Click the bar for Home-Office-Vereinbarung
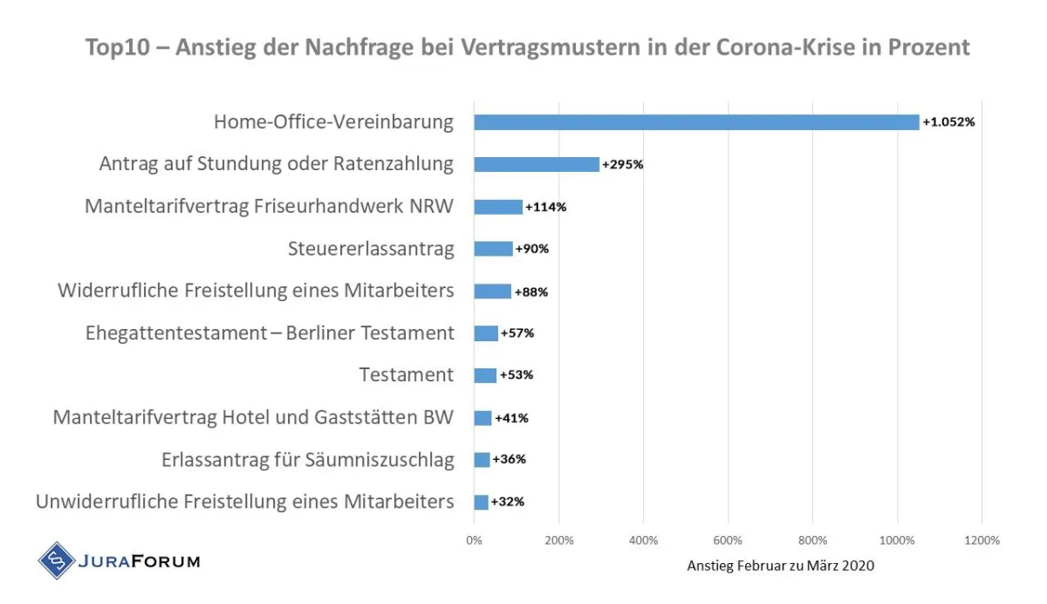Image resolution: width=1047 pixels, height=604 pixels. [x=696, y=122]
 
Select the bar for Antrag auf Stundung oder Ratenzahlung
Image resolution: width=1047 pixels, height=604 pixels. [x=537, y=164]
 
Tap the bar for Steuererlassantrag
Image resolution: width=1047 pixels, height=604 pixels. [x=493, y=249]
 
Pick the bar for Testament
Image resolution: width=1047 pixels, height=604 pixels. [x=485, y=375]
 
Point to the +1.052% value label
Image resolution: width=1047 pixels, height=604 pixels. [x=948, y=122]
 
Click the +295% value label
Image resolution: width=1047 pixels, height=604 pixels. [x=623, y=164]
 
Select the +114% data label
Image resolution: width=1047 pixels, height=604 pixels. [x=546, y=207]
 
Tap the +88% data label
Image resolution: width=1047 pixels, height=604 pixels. [x=530, y=292]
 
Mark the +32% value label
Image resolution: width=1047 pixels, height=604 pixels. [x=508, y=502]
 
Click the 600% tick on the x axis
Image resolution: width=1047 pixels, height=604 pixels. [x=728, y=540]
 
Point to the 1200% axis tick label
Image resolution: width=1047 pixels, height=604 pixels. [x=982, y=540]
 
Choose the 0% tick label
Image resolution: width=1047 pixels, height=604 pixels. [x=474, y=540]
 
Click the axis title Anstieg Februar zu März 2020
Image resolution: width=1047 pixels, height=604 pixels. [x=780, y=566]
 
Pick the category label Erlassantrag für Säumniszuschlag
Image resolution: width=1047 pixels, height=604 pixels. [x=308, y=460]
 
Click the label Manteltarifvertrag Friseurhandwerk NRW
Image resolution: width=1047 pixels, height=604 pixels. [x=270, y=207]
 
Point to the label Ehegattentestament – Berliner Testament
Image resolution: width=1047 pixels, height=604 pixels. [x=270, y=333]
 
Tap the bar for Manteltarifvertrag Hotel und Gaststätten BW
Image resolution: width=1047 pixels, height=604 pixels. [x=482, y=418]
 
